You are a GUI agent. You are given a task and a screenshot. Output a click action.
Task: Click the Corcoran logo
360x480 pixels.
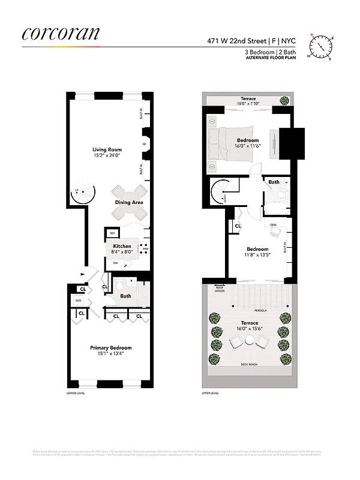[61, 34]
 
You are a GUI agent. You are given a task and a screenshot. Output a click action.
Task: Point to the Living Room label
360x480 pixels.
[107, 149]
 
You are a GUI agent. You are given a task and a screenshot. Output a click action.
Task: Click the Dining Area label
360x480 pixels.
[129, 202]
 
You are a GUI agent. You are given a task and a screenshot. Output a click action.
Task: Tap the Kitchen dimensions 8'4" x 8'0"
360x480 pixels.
[122, 252]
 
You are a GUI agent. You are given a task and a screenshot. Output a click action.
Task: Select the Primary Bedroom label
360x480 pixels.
[110, 347]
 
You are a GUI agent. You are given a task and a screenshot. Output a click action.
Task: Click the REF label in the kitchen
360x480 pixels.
[112, 233]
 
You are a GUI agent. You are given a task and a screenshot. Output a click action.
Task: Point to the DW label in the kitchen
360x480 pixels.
[115, 263]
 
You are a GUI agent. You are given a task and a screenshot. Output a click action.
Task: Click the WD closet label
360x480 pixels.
[78, 300]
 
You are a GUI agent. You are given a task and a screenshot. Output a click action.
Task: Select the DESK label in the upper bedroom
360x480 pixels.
[273, 225]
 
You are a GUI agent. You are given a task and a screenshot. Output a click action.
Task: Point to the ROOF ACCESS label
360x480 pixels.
[219, 289]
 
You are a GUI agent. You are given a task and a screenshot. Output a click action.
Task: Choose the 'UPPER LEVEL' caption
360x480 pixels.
[210, 394]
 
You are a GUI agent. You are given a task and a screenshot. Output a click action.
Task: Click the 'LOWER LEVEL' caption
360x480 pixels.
[76, 394]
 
